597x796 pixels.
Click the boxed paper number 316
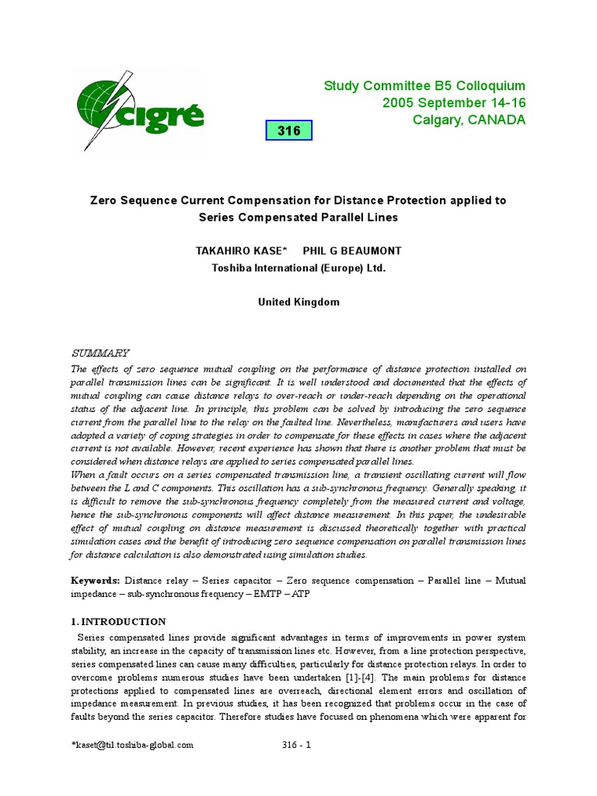288,131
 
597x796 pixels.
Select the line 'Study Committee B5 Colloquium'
424,86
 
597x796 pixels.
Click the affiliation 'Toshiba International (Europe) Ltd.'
298,267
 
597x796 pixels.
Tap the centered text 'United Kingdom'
298,302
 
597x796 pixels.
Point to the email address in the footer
132,745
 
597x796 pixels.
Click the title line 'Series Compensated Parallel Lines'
298,218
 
